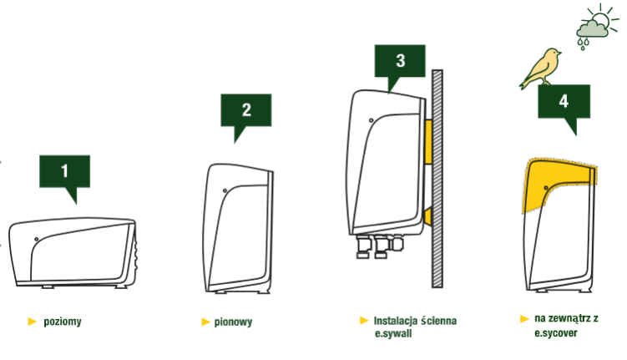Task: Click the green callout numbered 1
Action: [65, 171]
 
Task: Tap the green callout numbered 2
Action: [246, 110]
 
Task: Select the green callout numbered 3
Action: [400, 61]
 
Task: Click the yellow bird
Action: [542, 68]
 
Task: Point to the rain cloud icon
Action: [591, 30]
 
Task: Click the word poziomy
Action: [63, 322]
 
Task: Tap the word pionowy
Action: [233, 322]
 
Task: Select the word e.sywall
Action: [393, 333]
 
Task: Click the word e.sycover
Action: [556, 333]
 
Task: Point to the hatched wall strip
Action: [437, 179]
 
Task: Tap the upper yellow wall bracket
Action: [427, 142]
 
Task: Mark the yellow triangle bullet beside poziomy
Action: [32, 322]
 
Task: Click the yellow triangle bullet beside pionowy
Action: [205, 322]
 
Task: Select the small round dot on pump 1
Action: [37, 239]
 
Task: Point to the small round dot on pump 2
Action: [225, 190]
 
